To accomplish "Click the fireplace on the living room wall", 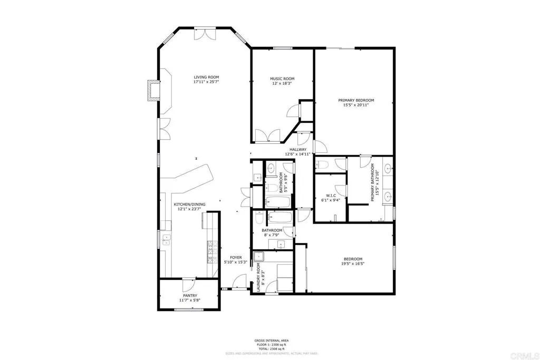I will coord(153,91).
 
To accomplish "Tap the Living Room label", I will coord(206,77).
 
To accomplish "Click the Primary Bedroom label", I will coord(356,100).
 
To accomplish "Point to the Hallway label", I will coord(298,149).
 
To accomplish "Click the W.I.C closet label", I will coord(331,195).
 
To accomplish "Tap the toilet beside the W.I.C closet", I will coord(324,165).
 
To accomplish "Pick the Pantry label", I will coord(190,296).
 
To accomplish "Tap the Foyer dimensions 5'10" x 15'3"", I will coord(236,262).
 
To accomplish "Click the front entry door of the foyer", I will coord(235,288).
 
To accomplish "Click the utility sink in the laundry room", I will coord(259,257).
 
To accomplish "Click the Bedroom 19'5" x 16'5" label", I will coord(353,259).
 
